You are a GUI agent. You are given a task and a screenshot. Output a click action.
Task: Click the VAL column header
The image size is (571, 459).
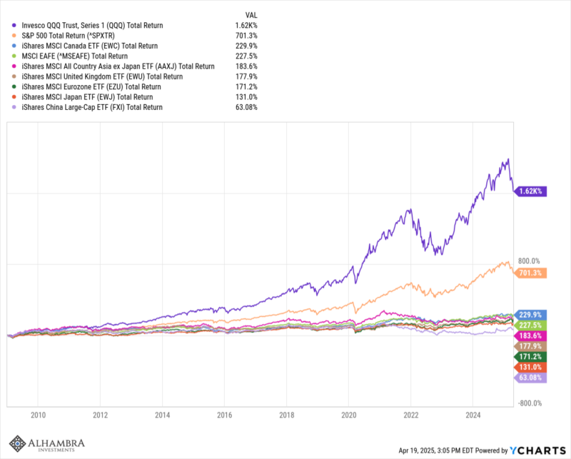[x=251, y=14]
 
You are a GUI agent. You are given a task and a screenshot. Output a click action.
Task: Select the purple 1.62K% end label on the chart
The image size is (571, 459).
[x=530, y=191]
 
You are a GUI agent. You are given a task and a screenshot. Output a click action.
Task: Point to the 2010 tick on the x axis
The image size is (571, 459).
[x=38, y=414]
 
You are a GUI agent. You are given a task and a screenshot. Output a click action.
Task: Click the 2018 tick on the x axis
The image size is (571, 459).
[x=287, y=414]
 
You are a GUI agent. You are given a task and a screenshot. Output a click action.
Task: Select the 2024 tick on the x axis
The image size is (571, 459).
[x=473, y=414]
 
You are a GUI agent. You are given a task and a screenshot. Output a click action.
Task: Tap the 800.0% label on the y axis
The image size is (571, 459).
[x=529, y=261]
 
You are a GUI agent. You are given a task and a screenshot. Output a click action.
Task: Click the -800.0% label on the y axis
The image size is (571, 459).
[x=530, y=403]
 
